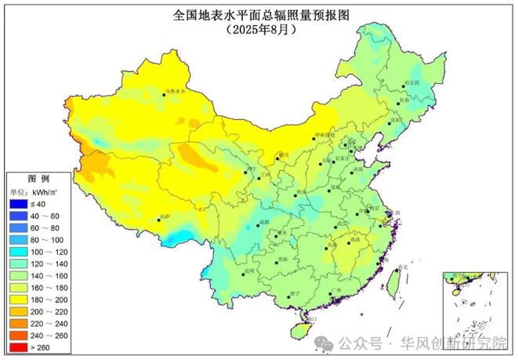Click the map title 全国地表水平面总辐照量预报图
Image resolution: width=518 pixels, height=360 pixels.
pyautogui.click(x=259, y=14)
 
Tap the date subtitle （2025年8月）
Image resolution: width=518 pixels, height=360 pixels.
pyautogui.click(x=259, y=29)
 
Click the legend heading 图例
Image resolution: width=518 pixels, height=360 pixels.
pyautogui.click(x=38, y=179)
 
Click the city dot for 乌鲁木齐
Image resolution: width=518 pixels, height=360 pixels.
pyautogui.click(x=165, y=93)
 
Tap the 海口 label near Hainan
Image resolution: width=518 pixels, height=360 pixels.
pyautogui.click(x=312, y=320)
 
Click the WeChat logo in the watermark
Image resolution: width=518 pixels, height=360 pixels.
pyautogui.click(x=323, y=344)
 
